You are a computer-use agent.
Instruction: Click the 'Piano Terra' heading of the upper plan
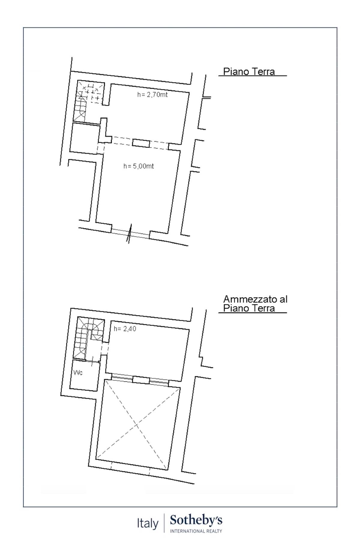[249, 72]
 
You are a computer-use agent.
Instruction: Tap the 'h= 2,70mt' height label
[152, 95]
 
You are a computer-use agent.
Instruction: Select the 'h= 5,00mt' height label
[139, 166]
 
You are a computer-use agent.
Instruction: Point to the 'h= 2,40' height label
[125, 329]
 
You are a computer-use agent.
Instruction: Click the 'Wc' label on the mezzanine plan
[78, 373]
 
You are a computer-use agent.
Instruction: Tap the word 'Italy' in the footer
[148, 523]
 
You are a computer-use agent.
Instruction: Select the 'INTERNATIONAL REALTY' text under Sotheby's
[196, 531]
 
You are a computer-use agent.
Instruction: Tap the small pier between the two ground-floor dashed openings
[141, 143]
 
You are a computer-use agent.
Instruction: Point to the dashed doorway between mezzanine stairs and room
[104, 348]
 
